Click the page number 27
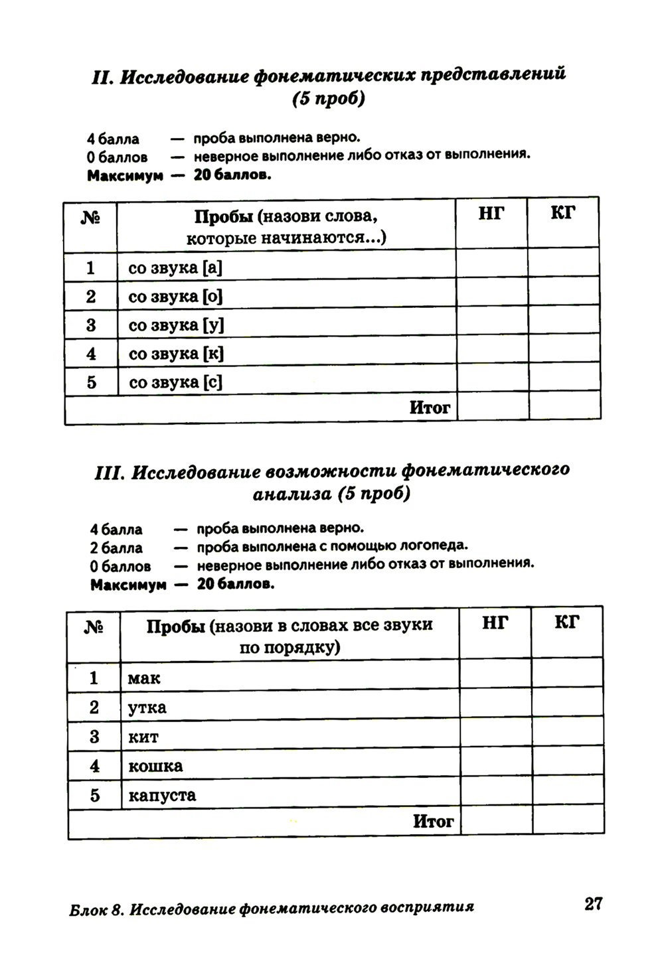point(593,903)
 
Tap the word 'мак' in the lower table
point(144,678)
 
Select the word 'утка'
point(147,707)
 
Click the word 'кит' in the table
point(143,737)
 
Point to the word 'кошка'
point(155,766)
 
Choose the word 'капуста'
point(161,795)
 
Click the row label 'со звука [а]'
point(175,267)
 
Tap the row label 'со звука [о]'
point(175,296)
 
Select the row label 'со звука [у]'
point(176,325)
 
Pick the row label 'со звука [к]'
point(176,354)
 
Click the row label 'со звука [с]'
point(175,382)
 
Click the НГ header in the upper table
point(491,213)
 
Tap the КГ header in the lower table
point(567,623)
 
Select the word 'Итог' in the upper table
point(430,407)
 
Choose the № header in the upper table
point(90,218)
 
